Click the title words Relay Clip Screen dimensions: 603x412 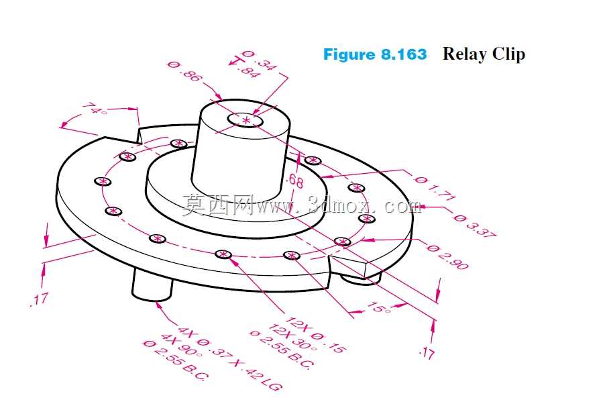(484, 54)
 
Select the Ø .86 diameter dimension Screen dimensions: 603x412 (184, 71)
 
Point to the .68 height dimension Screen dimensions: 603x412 (295, 181)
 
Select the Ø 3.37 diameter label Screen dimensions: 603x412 (476, 226)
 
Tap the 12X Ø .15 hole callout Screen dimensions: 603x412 (315, 335)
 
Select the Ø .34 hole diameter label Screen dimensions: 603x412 (259, 60)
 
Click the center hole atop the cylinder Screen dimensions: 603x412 (245, 120)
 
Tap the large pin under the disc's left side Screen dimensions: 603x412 (152, 285)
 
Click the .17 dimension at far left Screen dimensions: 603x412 (40, 299)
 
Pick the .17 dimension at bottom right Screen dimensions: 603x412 (427, 352)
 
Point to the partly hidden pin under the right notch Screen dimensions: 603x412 (360, 278)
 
